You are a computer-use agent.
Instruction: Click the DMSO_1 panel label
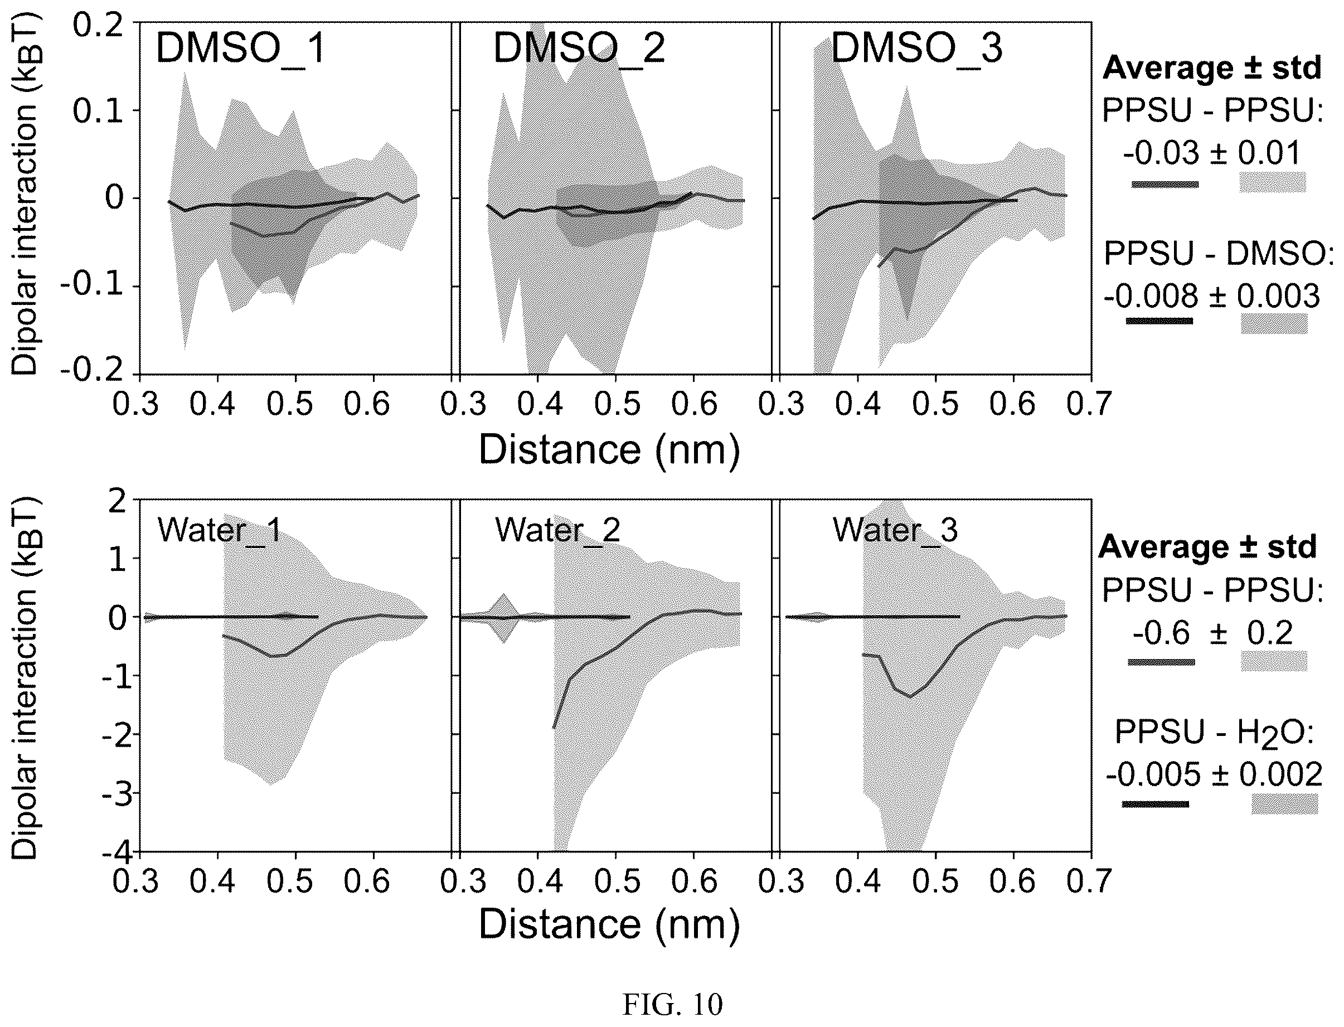(x=240, y=49)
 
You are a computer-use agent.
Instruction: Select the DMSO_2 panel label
(x=579, y=49)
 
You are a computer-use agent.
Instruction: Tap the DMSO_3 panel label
(x=917, y=49)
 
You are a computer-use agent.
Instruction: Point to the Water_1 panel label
(x=220, y=530)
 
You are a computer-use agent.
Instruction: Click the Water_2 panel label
(x=557, y=530)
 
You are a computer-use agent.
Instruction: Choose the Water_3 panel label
(x=895, y=530)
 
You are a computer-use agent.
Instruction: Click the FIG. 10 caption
(x=672, y=1004)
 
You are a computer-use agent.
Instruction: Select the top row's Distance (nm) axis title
(x=609, y=449)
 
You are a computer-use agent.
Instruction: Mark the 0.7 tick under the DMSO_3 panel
(x=1089, y=404)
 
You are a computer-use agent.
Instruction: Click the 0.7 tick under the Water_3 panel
(x=1089, y=881)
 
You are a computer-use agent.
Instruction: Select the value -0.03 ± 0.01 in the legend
(x=1212, y=153)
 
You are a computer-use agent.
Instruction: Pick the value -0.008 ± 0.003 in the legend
(x=1212, y=297)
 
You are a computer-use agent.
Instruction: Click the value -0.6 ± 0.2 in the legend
(x=1212, y=633)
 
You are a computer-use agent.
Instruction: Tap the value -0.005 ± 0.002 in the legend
(x=1214, y=775)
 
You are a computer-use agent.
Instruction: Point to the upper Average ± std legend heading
(x=1212, y=68)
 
